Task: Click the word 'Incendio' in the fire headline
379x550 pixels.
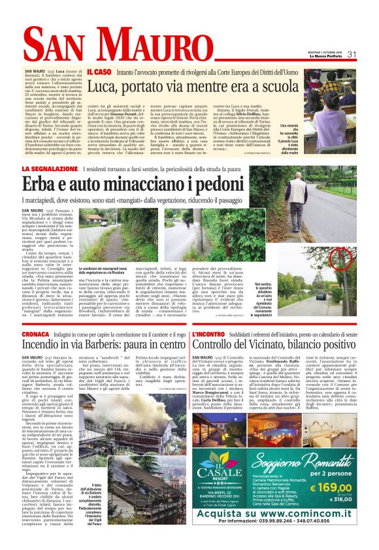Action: pyautogui.click(x=45, y=346)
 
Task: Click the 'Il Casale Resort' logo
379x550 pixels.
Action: pyautogui.click(x=222, y=458)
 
